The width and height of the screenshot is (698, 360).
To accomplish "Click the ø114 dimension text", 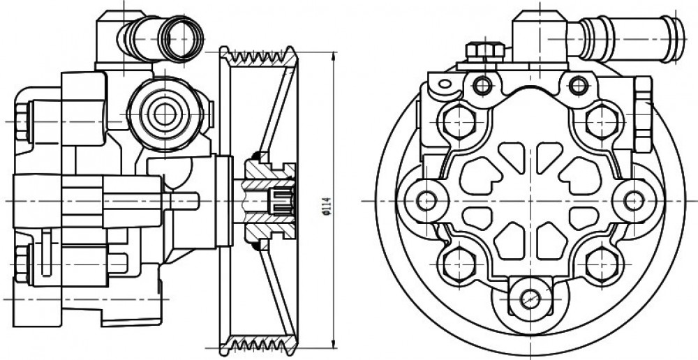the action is [327, 206].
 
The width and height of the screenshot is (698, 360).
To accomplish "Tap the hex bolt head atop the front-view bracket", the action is [485, 51].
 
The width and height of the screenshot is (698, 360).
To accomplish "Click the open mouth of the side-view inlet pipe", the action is [181, 38].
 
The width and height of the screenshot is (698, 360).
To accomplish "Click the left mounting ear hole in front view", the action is [426, 201].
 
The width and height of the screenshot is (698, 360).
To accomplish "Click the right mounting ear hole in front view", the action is [634, 201].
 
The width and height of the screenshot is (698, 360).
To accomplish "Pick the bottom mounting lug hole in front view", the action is [530, 298].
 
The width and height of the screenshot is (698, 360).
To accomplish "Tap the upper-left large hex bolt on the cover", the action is [460, 121].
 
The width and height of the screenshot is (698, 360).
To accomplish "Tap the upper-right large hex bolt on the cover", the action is [602, 121].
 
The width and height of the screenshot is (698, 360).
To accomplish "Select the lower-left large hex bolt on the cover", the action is [460, 264].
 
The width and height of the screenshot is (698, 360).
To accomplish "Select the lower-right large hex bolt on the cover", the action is [602, 264].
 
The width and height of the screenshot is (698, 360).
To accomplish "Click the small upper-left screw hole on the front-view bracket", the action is [483, 85].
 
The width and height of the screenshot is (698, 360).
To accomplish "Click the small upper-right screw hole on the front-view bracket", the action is [579, 85].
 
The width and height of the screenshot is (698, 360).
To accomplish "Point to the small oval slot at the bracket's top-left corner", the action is [445, 83].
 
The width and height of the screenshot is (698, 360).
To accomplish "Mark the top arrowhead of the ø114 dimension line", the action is [334, 55].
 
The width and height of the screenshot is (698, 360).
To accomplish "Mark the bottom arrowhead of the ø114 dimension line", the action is [334, 345].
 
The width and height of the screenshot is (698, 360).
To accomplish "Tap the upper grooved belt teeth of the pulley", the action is [259, 57].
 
